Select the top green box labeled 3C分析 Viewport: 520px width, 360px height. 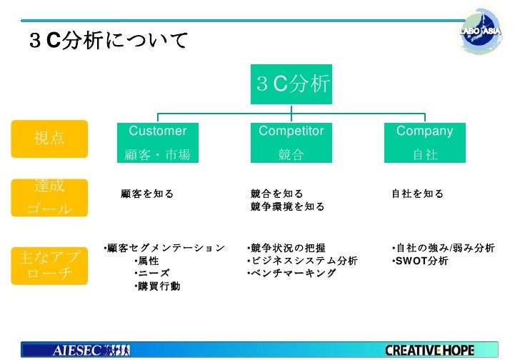pos(291,84)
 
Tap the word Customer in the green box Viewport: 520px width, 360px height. pos(157,131)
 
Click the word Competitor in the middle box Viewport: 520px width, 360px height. pos(291,131)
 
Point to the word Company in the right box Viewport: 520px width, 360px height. pos(424,131)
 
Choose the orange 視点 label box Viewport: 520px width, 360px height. pos(49,139)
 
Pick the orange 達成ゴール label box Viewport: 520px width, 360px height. pos(49,198)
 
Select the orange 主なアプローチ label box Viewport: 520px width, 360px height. pos(49,265)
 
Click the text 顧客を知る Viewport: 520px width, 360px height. pos(147,194)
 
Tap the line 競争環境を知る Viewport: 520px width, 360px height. pos(288,207)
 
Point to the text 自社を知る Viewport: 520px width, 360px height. pos(417,194)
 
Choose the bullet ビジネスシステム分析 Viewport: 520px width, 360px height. pos(303,261)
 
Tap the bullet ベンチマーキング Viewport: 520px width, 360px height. pos(292,274)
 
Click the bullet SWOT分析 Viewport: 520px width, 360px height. pos(421,261)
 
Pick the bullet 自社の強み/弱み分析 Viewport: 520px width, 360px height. pos(444,248)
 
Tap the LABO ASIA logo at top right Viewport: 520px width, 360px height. pos(483,32)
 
